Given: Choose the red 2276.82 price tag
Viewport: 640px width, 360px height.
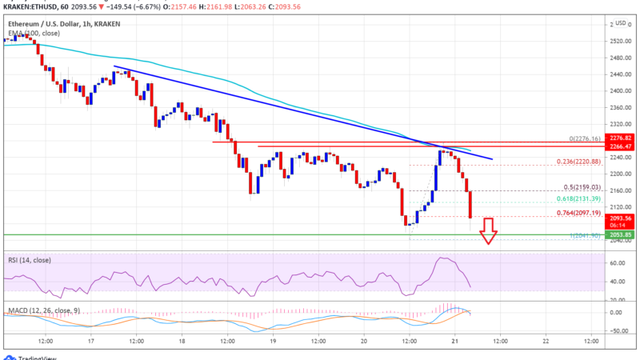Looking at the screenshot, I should (619, 139).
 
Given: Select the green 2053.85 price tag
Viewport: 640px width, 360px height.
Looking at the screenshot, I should (619, 234).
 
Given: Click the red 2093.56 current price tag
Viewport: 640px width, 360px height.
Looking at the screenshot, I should (619, 218).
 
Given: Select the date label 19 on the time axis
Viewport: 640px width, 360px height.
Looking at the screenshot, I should (273, 340).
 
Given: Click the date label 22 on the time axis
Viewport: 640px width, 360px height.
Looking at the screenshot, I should (546, 340).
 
